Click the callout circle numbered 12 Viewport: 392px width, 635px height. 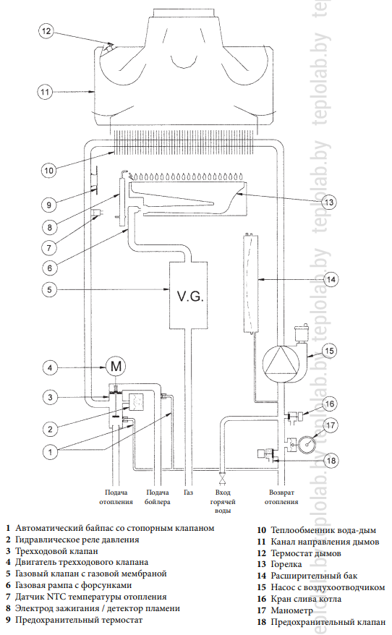coord(46,31)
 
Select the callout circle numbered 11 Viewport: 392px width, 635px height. coord(45,92)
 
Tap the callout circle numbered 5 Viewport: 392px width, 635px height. coord(49,289)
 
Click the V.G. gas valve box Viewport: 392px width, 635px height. coord(189,295)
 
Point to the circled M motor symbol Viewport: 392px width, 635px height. coord(116,367)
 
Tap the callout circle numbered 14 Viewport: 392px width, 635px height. coord(331,279)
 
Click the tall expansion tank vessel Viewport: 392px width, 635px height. coord(251,283)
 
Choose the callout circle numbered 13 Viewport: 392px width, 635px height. coord(329,202)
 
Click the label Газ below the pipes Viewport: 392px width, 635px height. coord(188,493)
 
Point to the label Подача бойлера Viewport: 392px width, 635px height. coord(158,497)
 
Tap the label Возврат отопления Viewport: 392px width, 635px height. coord(281,497)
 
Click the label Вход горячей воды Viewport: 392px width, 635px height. coord(223,501)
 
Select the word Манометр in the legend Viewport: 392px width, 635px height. coord(292,610)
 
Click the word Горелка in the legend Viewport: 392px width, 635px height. coord(286,564)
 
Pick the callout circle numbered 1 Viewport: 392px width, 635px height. coord(50,451)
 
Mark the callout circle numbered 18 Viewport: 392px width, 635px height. coord(331,460)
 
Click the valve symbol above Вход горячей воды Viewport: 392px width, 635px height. coord(222,480)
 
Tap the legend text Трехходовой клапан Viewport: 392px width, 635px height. coord(56,551)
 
